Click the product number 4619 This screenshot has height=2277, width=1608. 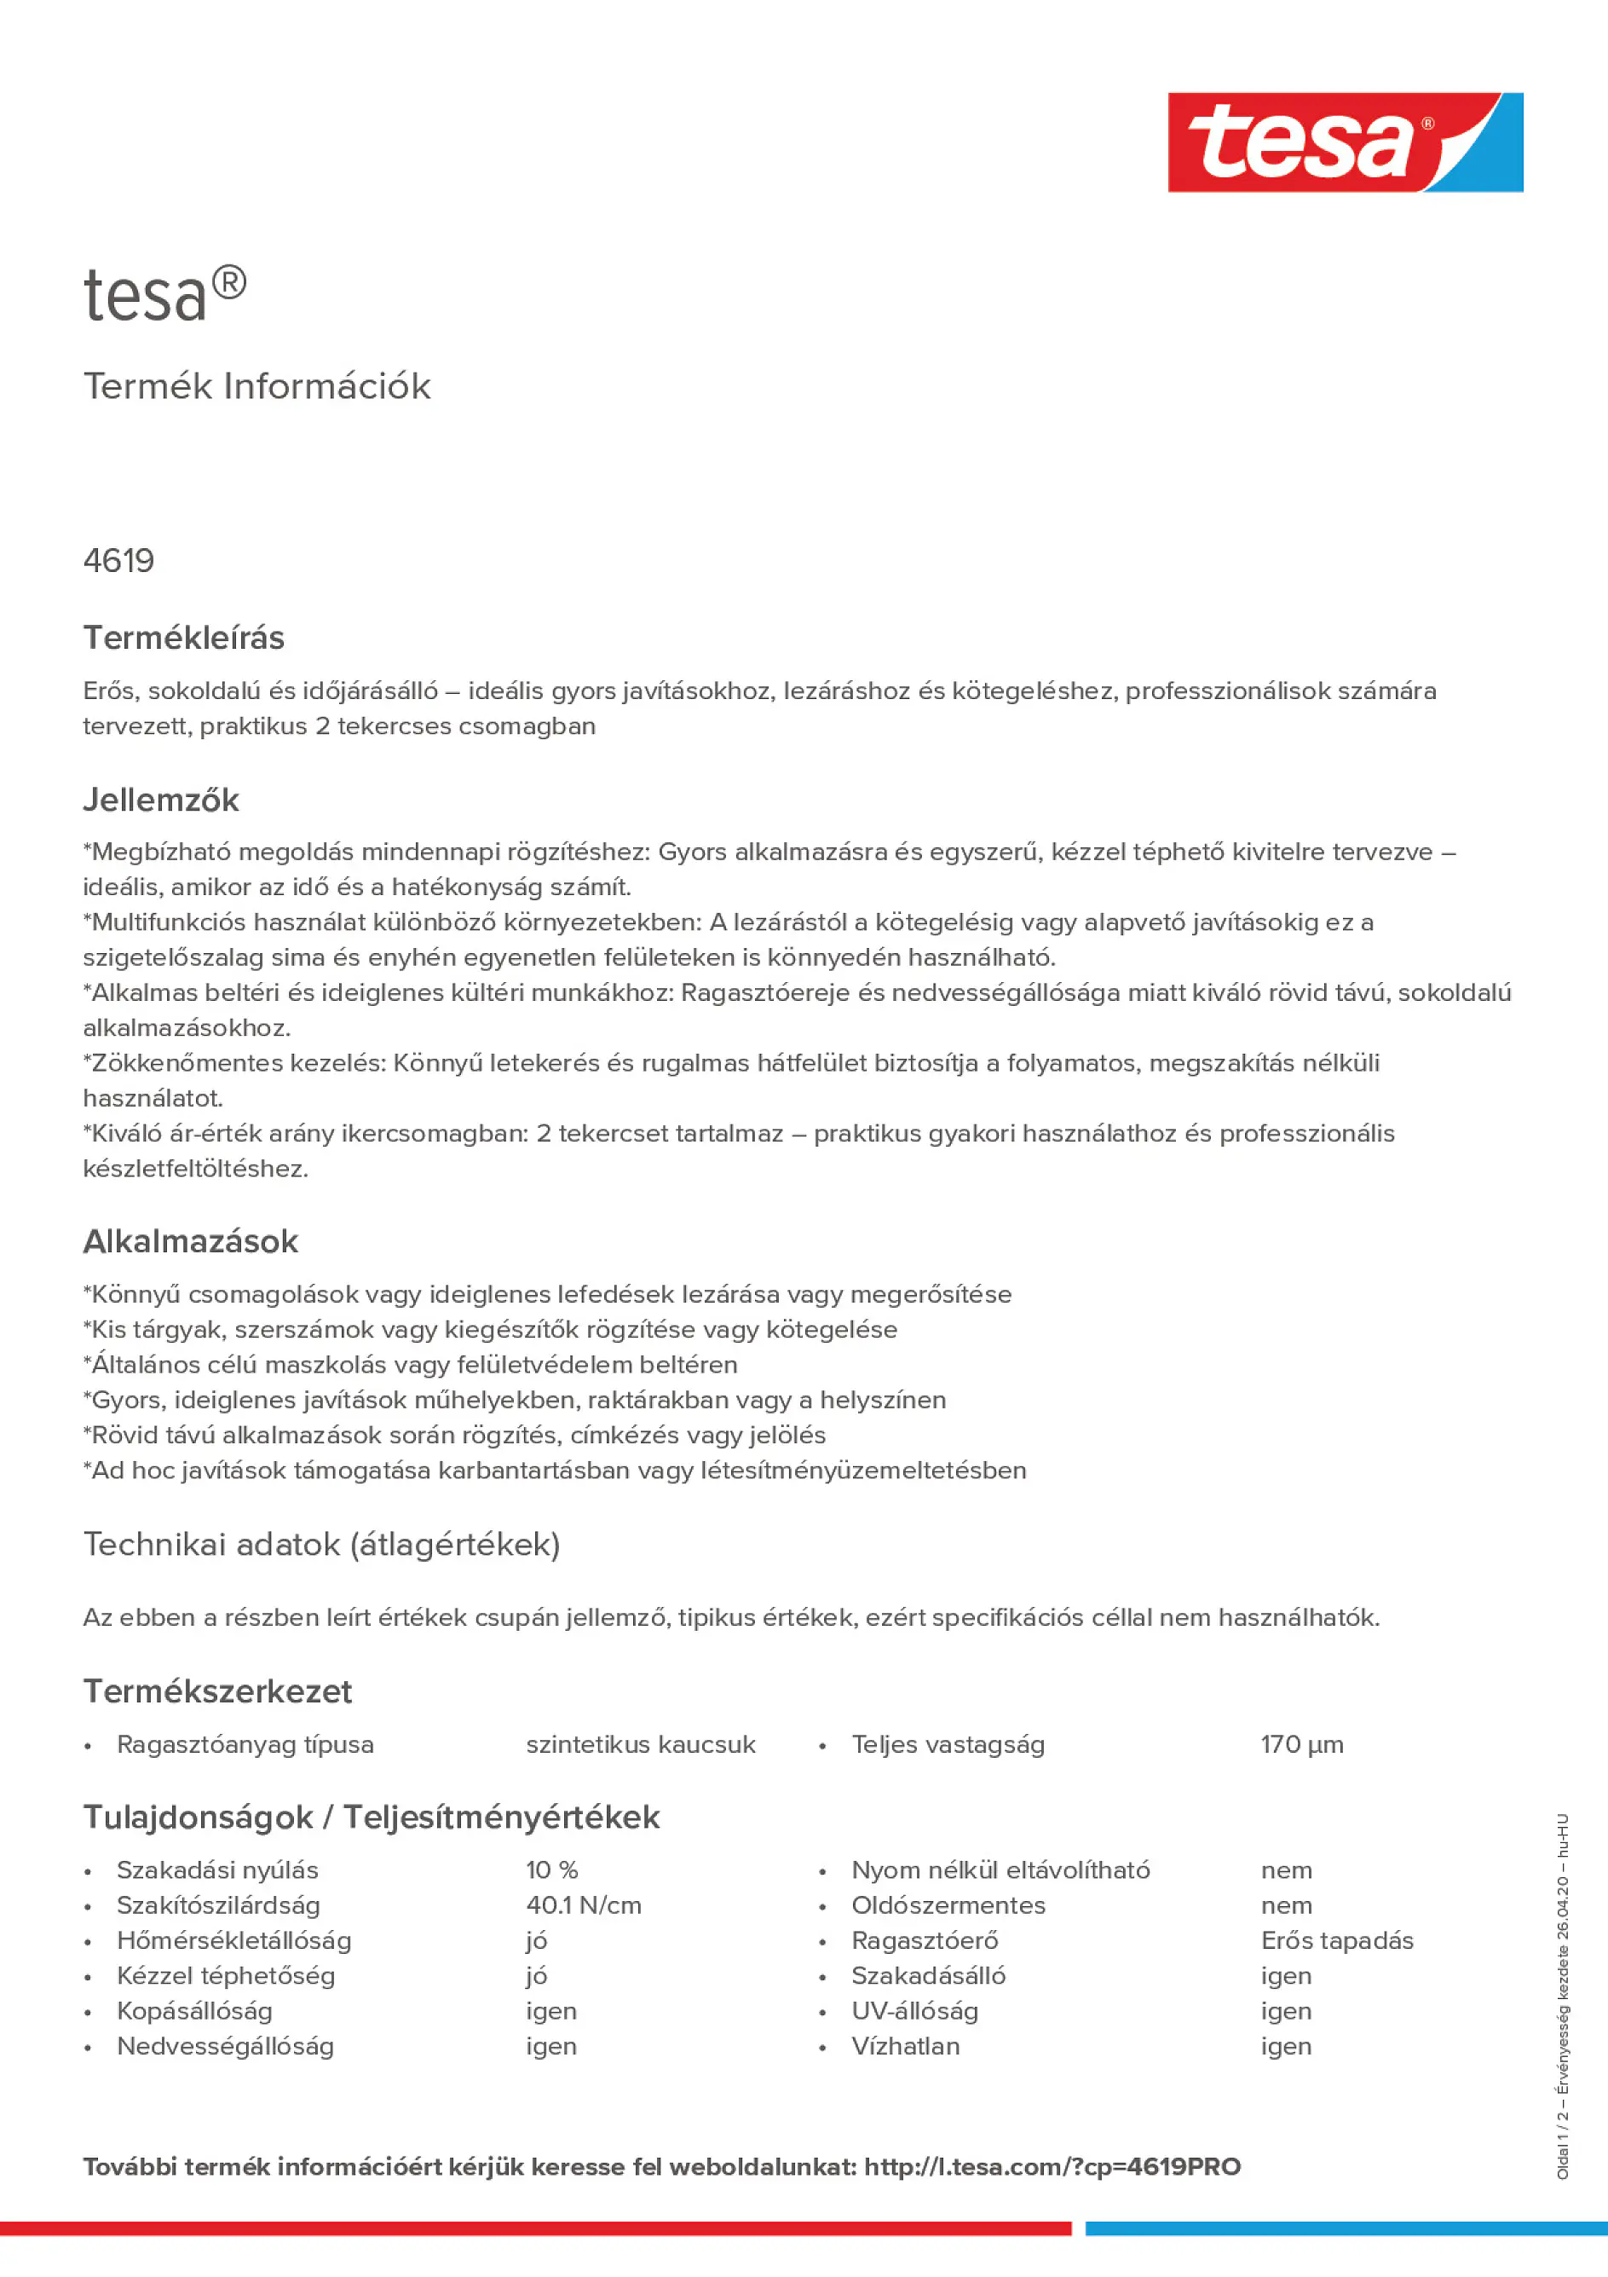click(x=119, y=561)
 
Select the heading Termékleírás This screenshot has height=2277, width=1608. click(x=183, y=638)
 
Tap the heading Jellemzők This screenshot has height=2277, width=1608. click(x=160, y=800)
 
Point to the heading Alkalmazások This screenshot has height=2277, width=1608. click(x=190, y=1241)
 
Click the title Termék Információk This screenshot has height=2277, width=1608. click(x=256, y=386)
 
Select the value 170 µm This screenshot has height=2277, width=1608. click(x=1302, y=1744)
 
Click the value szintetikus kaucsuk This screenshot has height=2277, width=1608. click(x=641, y=1744)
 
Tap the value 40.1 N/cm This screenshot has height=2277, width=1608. click(x=583, y=1905)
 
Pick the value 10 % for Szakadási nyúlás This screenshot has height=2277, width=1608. click(x=551, y=1870)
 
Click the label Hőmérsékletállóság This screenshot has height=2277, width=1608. click(x=234, y=1941)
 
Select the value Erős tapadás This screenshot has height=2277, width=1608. click(x=1336, y=1941)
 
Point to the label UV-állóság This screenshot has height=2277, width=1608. click(x=914, y=2011)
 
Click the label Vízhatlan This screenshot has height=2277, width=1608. click(x=905, y=2046)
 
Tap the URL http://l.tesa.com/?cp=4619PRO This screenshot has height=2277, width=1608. click(x=1052, y=2167)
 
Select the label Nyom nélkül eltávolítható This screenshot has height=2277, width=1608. click(x=1000, y=1870)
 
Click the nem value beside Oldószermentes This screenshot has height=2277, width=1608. click(x=1286, y=1905)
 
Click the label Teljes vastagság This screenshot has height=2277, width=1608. click(x=948, y=1744)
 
